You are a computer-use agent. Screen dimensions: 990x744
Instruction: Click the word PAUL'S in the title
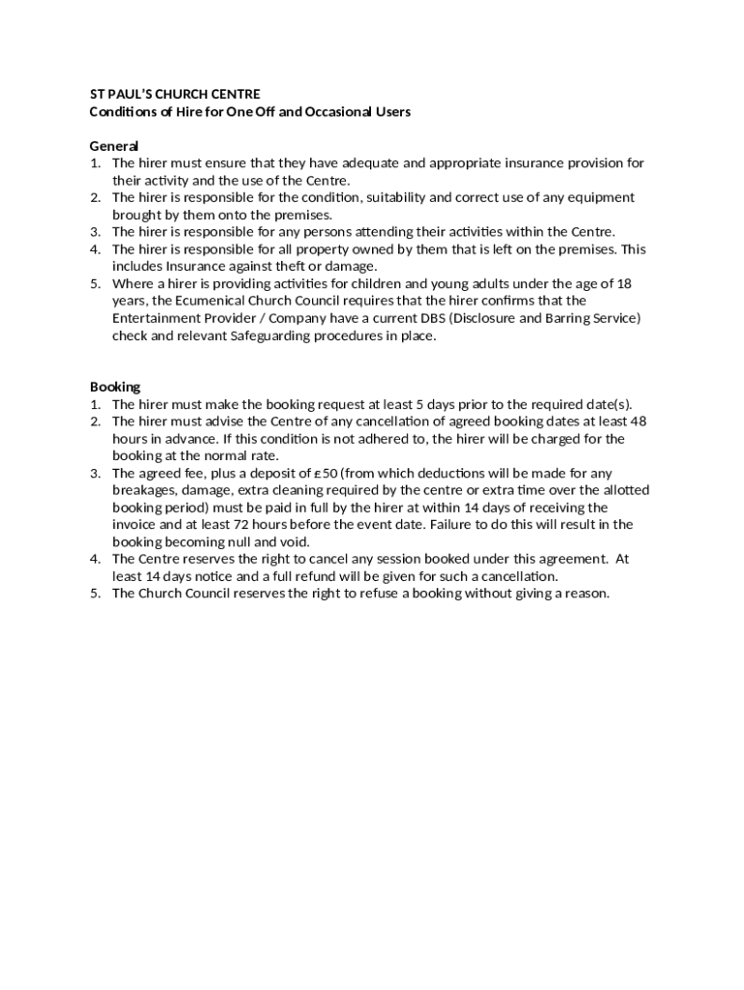(129, 94)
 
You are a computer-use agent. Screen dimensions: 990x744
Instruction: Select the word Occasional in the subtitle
(338, 111)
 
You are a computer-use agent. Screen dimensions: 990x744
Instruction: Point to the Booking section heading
(115, 387)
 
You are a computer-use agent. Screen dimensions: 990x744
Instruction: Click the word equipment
(596, 197)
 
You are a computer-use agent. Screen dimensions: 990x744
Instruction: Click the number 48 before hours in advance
(638, 422)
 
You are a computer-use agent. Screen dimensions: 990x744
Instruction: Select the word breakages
(145, 490)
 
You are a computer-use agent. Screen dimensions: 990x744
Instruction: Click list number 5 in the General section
(96, 283)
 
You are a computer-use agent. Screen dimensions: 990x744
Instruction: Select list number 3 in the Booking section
(96, 473)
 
